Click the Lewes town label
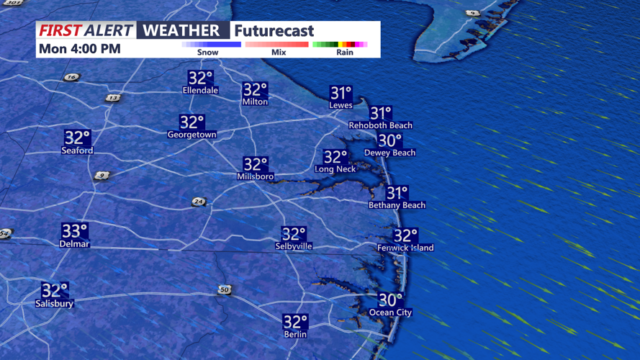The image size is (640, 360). pyautogui.click(x=341, y=105)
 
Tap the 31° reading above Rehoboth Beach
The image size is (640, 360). pyautogui.click(x=380, y=113)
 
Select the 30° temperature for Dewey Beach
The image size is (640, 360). pyautogui.click(x=389, y=140)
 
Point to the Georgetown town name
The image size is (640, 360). pyautogui.click(x=191, y=135)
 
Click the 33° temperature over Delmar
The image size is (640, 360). pyautogui.click(x=74, y=231)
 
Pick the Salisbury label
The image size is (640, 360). pyautogui.click(x=55, y=304)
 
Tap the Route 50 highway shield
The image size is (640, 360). pyautogui.click(x=225, y=290)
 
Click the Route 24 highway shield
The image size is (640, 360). pyautogui.click(x=199, y=202)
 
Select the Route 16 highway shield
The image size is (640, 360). pyautogui.click(x=71, y=77)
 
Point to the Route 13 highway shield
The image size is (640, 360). pyautogui.click(x=112, y=98)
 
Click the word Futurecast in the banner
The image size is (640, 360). pyautogui.click(x=274, y=31)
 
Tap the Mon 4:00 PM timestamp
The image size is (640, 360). pyautogui.click(x=80, y=49)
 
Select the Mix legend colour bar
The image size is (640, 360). pyautogui.click(x=277, y=45)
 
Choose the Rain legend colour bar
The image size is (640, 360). pyautogui.click(x=341, y=45)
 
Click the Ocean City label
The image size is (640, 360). pyautogui.click(x=390, y=312)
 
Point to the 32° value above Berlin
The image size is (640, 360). pyautogui.click(x=295, y=322)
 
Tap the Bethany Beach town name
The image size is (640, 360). pyautogui.click(x=397, y=205)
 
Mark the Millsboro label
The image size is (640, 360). pyautogui.click(x=255, y=176)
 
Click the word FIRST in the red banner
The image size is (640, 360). pyautogui.click(x=60, y=30)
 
